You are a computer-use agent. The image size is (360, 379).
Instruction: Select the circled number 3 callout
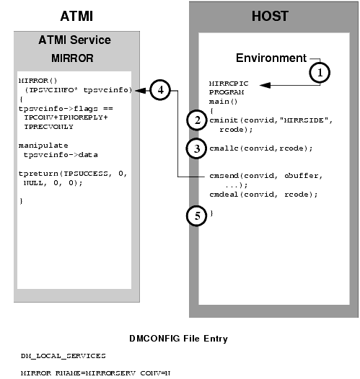[x=193, y=148]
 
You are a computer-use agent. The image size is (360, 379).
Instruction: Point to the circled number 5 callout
[x=193, y=214]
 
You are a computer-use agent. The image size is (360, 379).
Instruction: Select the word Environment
[x=270, y=57]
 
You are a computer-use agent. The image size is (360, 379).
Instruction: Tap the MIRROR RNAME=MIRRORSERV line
[x=89, y=373]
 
